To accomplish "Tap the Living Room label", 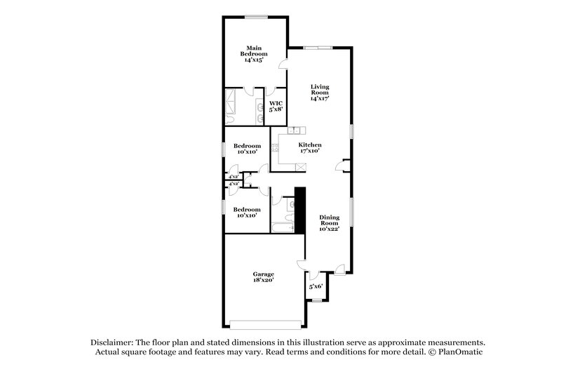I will point(320,93).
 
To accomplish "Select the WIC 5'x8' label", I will point(276,106).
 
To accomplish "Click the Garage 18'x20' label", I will point(263,276).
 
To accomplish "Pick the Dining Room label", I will point(329,223).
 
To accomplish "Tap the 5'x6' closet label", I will point(315,287).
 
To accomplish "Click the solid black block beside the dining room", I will point(299,210).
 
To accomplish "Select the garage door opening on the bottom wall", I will point(264,324).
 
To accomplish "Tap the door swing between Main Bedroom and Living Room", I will point(284,65).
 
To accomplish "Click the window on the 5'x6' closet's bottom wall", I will point(317,301).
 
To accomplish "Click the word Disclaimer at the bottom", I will point(112,341).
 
